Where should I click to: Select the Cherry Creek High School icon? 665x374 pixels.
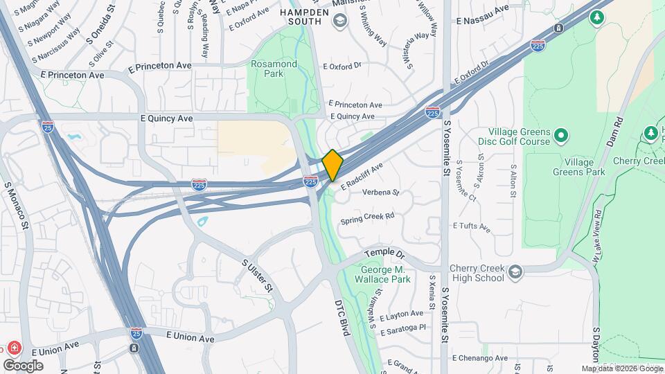[515, 273]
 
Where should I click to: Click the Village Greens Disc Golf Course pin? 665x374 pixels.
[561, 134]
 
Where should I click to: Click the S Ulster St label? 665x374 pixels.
[256, 275]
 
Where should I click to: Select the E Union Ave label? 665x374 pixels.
[190, 335]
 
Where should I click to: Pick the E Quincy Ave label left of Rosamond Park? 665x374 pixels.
[166, 118]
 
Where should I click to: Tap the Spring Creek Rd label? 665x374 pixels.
[367, 219]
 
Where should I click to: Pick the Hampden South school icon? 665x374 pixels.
[339, 21]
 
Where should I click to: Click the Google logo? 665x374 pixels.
[23, 365]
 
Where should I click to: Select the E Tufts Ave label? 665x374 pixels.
[471, 226]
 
